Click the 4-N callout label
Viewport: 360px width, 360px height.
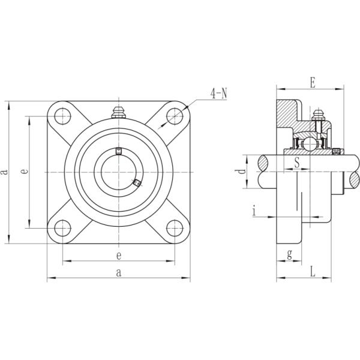coord(218,94)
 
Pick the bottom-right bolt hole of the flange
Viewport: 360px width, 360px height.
coord(175,228)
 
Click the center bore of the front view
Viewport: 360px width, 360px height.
coord(118,172)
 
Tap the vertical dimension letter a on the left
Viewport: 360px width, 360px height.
coord(5,172)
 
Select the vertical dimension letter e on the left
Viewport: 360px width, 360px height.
coord(23,172)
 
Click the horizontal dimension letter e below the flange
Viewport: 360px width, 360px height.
coord(119,256)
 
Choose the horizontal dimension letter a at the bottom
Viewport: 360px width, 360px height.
coord(119,273)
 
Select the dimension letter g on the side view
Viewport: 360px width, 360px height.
coord(289,254)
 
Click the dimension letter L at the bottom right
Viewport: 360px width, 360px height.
coord(313,272)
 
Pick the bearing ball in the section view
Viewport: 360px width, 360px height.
coord(308,145)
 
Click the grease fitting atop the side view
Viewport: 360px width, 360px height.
coord(319,115)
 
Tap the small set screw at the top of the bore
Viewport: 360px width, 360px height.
coord(118,151)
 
